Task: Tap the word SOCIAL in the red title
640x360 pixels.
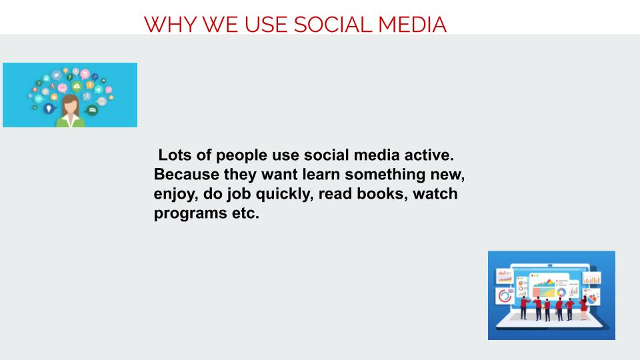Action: pyautogui.click(x=333, y=25)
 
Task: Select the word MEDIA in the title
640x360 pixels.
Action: pyautogui.click(x=412, y=25)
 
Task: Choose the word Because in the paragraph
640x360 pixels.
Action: pyautogui.click(x=186, y=174)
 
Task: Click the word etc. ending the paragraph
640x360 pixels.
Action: pyautogui.click(x=245, y=213)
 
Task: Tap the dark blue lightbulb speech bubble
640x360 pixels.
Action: pyautogui.click(x=49, y=109)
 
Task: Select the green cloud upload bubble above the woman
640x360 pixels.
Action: pyautogui.click(x=76, y=87)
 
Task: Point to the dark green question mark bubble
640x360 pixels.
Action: pyautogui.click(x=69, y=77)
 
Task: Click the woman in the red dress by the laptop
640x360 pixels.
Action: pyautogui.click(x=584, y=307)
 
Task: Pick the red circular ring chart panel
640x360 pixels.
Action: pyautogui.click(x=505, y=296)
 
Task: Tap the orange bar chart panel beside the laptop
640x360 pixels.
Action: pyautogui.click(x=591, y=279)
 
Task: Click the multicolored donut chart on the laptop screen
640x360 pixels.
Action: pyautogui.click(x=561, y=292)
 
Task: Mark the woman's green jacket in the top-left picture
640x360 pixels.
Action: pyautogui.click(x=71, y=121)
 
